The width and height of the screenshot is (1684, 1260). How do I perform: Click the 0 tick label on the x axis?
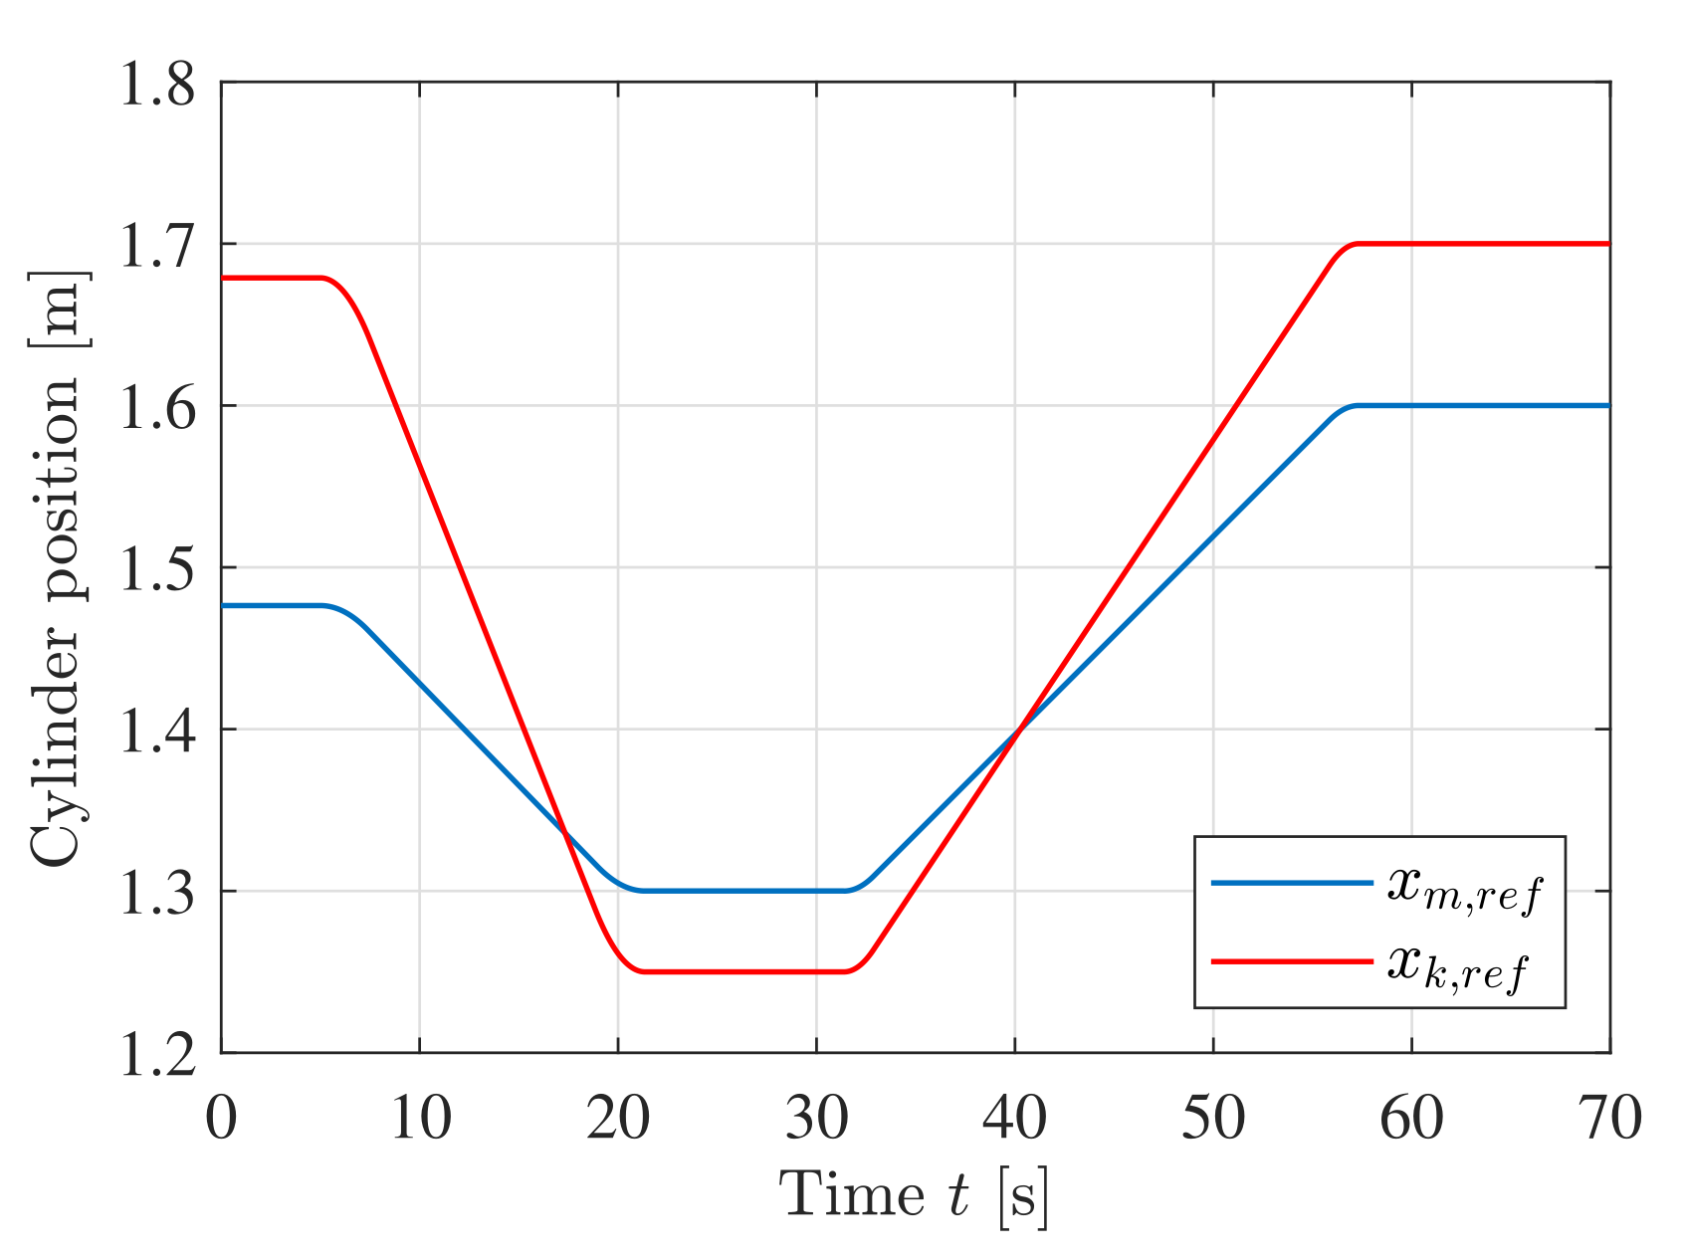click(x=221, y=1117)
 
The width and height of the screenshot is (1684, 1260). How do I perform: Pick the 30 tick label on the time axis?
click(x=816, y=1117)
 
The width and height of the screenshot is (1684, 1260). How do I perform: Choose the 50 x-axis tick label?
click(x=1213, y=1117)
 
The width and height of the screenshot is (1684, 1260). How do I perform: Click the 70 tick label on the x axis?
click(x=1609, y=1117)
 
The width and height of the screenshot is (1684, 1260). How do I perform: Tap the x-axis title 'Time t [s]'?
click(x=914, y=1194)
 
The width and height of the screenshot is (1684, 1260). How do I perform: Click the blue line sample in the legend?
click(x=1291, y=882)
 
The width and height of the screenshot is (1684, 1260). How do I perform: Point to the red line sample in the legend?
click(x=1291, y=960)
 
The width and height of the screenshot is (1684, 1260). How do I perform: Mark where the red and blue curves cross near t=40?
click(x=1017, y=729)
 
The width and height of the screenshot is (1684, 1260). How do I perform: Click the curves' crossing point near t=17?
click(x=564, y=832)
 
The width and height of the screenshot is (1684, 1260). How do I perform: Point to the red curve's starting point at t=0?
click(x=223, y=278)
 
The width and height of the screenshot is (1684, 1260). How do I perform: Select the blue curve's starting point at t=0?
click(x=223, y=605)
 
